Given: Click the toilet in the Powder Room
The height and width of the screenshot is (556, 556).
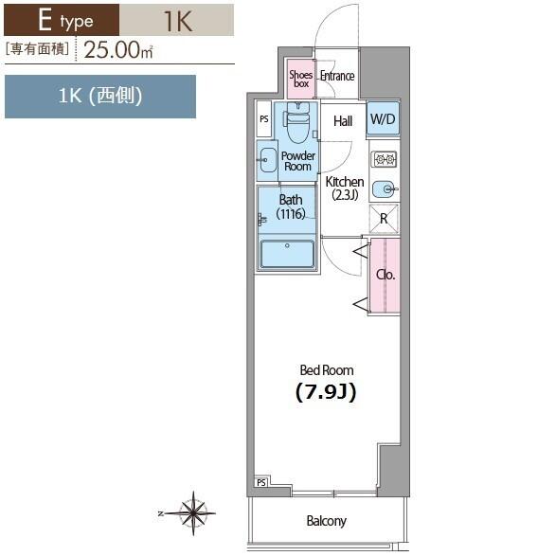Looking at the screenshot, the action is [297, 122].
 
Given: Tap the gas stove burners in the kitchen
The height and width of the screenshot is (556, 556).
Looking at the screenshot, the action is [384, 159].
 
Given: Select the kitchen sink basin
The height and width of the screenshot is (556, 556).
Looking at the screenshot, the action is [385, 189].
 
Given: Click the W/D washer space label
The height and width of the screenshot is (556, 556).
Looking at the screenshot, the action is [383, 118].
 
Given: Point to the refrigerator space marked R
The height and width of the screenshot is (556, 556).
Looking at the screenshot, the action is [384, 219].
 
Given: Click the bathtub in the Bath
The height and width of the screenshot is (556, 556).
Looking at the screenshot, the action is [287, 254].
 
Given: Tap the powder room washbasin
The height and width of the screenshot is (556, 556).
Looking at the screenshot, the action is [267, 160].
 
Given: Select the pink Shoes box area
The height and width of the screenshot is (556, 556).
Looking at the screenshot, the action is [300, 79].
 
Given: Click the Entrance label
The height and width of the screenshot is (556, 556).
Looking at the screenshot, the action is [337, 76].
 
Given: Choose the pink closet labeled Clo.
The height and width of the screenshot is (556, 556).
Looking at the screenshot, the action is [386, 276].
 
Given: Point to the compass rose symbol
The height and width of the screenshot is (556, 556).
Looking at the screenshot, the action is [192, 512].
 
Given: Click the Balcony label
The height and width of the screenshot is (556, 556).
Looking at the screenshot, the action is [326, 521].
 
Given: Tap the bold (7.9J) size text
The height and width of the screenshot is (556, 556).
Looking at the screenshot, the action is [326, 392].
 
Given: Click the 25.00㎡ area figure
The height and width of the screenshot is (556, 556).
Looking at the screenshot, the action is [118, 49].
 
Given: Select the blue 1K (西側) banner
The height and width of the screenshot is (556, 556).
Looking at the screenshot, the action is [100, 97].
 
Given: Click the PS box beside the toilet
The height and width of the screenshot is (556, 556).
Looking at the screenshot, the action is [264, 119].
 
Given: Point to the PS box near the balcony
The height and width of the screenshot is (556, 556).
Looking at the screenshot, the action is [261, 482].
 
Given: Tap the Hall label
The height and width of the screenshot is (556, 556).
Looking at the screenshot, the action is [343, 121].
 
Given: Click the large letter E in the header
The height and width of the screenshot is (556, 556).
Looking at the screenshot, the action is [45, 20].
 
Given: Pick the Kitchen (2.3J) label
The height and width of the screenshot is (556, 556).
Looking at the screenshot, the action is [345, 188].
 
